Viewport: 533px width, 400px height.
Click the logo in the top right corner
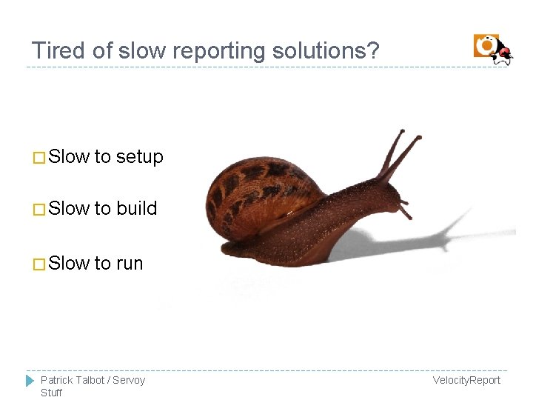click(x=492, y=49)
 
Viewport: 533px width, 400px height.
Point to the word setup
click(x=139, y=157)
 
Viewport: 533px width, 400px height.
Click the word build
click(x=137, y=209)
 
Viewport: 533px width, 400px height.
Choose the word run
click(x=130, y=264)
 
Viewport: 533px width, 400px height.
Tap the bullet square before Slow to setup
click(x=39, y=158)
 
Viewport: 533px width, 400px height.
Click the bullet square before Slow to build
click(x=39, y=210)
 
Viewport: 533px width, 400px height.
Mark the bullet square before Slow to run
click(x=39, y=264)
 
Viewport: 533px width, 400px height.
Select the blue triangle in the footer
click(x=30, y=381)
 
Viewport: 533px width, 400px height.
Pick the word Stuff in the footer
click(x=51, y=393)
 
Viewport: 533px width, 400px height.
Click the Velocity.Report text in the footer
click(x=466, y=380)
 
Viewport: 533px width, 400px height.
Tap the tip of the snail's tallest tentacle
click(x=403, y=132)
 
